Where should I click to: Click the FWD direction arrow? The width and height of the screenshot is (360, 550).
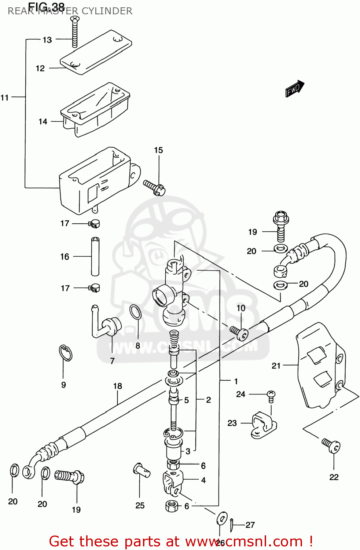pyautogui.click(x=294, y=89)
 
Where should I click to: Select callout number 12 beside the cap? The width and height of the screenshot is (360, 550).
pyautogui.click(x=40, y=69)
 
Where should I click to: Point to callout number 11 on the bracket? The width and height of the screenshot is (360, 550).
pyautogui.click(x=4, y=98)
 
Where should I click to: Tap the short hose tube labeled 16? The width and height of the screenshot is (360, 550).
pyautogui.click(x=95, y=256)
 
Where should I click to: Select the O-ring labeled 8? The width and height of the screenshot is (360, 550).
pyautogui.click(x=135, y=312)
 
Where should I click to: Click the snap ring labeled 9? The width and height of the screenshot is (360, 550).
pyautogui.click(x=66, y=353)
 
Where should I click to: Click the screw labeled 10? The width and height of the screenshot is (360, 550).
pyautogui.click(x=239, y=333)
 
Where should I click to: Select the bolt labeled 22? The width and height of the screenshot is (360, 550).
pyautogui.click(x=332, y=445)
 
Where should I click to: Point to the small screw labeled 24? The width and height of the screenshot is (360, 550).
pyautogui.click(x=271, y=395)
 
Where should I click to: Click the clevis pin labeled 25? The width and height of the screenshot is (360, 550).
pyautogui.click(x=141, y=470)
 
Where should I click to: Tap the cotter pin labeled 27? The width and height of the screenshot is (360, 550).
pyautogui.click(x=232, y=524)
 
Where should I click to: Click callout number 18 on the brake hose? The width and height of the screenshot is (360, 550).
pyautogui.click(x=117, y=386)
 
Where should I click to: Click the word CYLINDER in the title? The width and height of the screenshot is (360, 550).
pyautogui.click(x=107, y=11)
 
